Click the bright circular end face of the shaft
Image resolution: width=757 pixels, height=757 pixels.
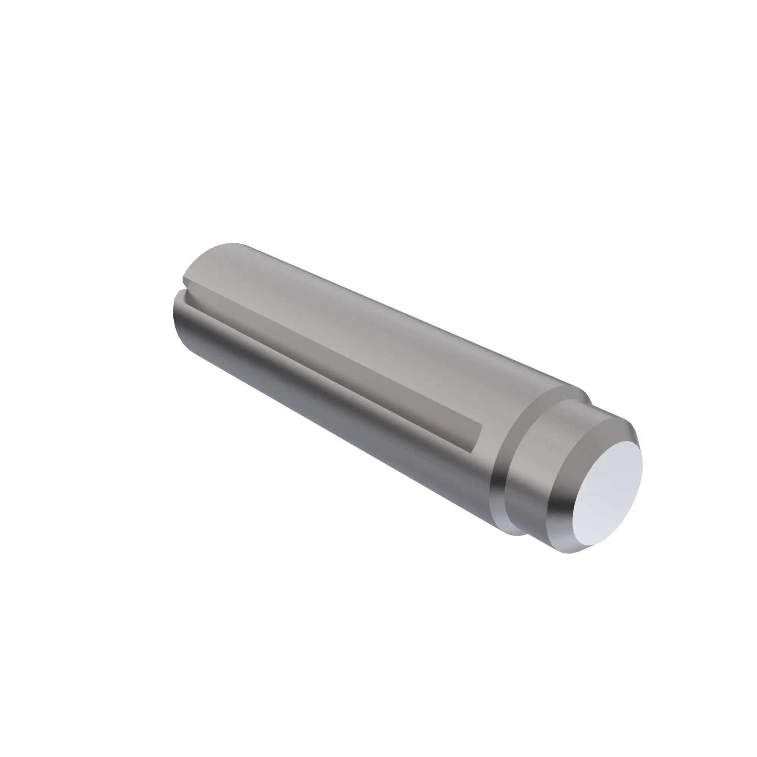tap(607, 490)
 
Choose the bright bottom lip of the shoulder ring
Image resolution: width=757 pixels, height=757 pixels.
tap(509, 527)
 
